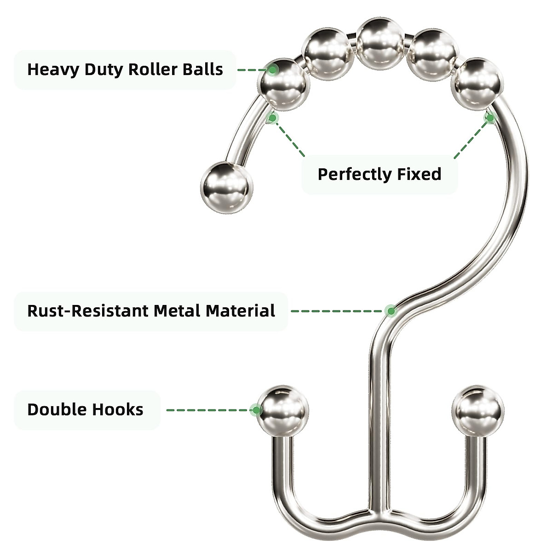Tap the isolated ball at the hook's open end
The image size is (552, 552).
tap(227, 187)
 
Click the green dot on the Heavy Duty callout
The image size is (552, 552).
tap(273, 70)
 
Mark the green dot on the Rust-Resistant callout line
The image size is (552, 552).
tap(391, 311)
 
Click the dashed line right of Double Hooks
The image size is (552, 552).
tap(207, 410)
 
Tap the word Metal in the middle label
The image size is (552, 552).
tap(177, 311)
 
